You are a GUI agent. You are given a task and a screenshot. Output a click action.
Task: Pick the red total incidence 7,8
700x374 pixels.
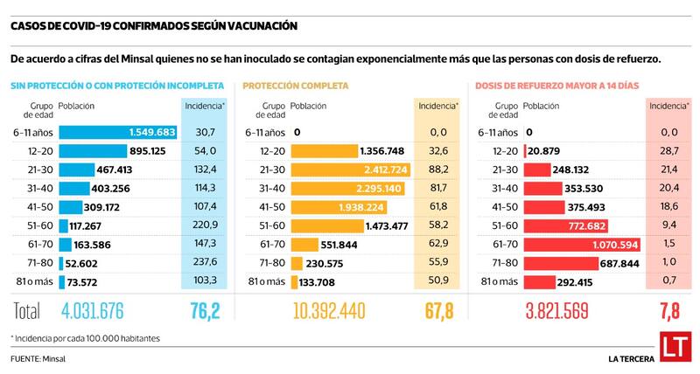pyautogui.click(x=669, y=310)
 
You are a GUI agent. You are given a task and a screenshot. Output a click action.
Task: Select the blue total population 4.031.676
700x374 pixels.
pyautogui.click(x=67, y=310)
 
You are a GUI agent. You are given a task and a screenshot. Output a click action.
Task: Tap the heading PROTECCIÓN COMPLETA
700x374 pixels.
pyautogui.click(x=295, y=87)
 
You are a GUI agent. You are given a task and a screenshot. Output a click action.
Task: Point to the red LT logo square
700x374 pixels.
pyautogui.click(x=672, y=346)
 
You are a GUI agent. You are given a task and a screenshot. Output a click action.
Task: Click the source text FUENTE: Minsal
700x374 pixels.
pyautogui.click(x=38, y=358)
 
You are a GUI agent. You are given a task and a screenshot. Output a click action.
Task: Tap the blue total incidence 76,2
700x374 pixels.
pyautogui.click(x=205, y=310)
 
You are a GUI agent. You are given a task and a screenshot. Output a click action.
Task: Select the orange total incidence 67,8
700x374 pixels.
pyautogui.click(x=437, y=310)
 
